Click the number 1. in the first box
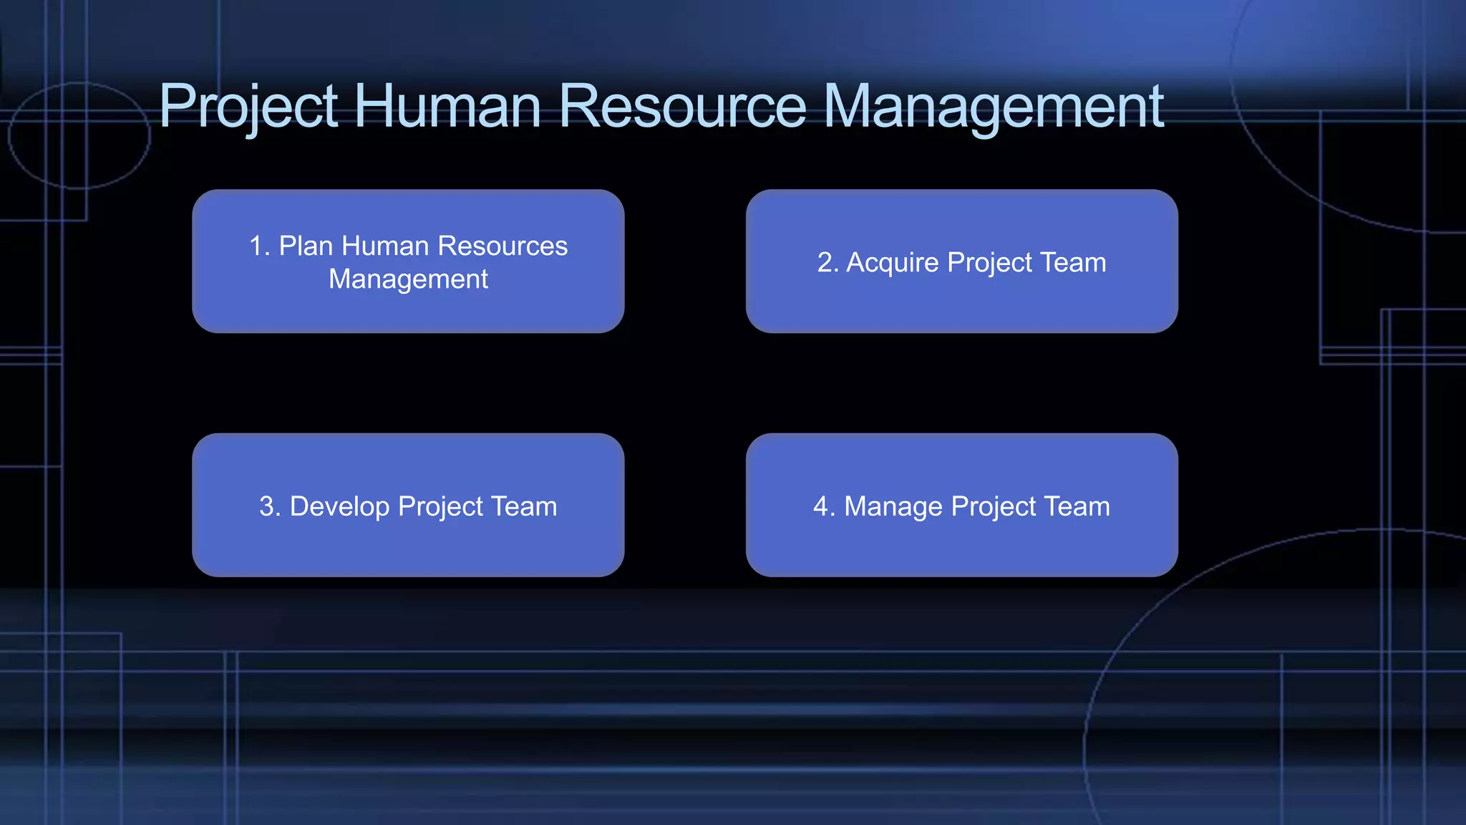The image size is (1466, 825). coord(259,246)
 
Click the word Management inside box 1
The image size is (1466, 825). coord(408,279)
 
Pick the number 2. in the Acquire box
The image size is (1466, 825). coord(827,263)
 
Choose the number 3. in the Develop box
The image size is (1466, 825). coord(270,507)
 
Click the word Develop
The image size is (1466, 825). coord(339,507)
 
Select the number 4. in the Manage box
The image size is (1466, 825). coord(824,507)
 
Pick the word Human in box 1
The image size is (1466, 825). coord(385,246)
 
